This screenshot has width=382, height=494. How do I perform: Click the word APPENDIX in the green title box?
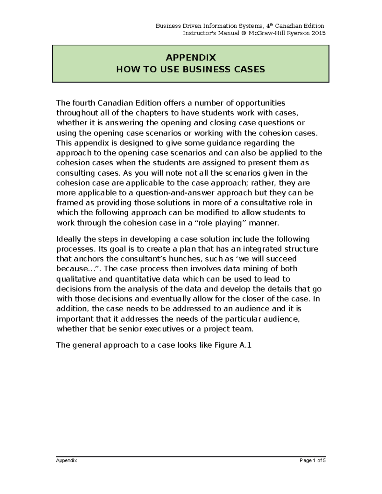191,58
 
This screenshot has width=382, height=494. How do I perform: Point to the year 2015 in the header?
318,33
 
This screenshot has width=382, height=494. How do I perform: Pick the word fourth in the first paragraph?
84,103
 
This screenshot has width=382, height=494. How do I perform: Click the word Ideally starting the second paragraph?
68,239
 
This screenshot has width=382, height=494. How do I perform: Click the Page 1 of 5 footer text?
313,460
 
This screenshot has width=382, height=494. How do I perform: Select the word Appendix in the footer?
67,460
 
